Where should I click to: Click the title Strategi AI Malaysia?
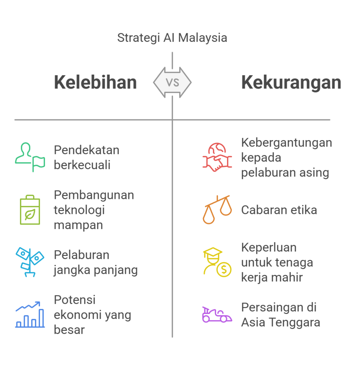[172, 38]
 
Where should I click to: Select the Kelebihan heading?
[95, 82]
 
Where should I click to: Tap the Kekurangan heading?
[291, 82]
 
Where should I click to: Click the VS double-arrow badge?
[172, 82]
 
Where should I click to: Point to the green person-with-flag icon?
[30, 157]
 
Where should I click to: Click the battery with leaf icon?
[30, 210]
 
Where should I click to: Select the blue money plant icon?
[30, 262]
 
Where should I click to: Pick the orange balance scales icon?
[217, 210]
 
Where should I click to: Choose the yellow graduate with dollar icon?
[217, 262]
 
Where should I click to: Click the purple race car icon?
[217, 315]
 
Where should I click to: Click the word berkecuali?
[82, 165]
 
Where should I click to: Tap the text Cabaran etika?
[279, 210]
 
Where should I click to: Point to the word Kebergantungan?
[286, 142]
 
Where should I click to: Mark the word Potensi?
[75, 300]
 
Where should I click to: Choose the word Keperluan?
[269, 247]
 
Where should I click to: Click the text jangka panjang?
[96, 270]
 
